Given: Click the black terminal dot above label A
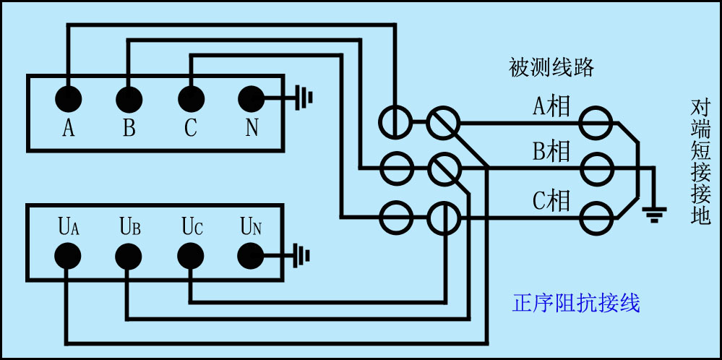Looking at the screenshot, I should pos(68,98).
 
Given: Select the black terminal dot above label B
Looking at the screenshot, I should pos(129,98).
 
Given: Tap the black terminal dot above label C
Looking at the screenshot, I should pos(190,98).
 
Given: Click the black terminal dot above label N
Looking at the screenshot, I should pos(251,98).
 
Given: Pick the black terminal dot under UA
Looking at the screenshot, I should pos(68,255).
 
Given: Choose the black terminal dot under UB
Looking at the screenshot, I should pos(129,255).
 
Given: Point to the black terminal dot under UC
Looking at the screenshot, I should pos(190,255).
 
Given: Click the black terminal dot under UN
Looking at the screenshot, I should pos(251,255).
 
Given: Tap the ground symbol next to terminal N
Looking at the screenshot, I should pos(304,98).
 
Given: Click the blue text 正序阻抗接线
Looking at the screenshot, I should pos(576,302).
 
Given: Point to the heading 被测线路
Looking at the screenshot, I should pos(551,68).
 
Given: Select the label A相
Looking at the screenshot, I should pos(551,107).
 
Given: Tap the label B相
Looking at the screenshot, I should pos(551,152).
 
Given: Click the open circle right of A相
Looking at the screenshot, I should pos(598,122).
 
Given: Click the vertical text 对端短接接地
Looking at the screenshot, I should pos(700,162).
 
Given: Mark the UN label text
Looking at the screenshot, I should pos(251,227).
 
